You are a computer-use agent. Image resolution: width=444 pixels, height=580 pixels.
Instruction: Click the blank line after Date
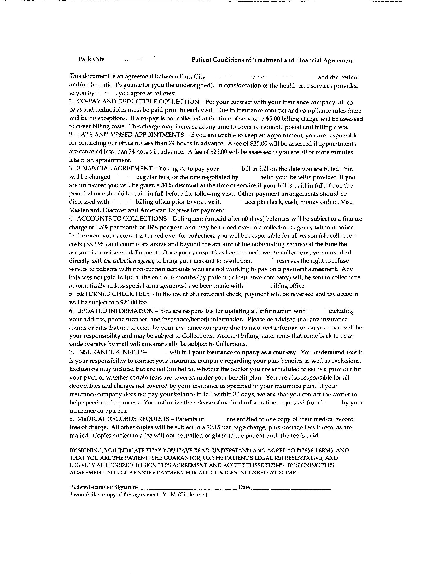(291, 487)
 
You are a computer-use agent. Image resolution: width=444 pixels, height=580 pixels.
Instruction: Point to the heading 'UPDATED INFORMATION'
(115, 311)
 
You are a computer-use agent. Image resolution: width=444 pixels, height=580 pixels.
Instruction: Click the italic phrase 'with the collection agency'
(123, 261)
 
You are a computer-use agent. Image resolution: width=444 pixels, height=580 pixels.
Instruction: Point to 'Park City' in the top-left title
(91, 59)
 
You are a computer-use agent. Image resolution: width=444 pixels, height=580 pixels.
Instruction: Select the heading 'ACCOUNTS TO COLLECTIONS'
(122, 219)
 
